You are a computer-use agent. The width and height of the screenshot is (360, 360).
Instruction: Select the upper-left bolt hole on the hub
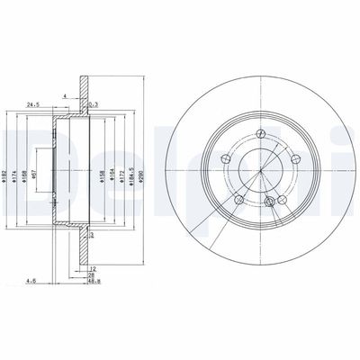coord(225,159)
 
